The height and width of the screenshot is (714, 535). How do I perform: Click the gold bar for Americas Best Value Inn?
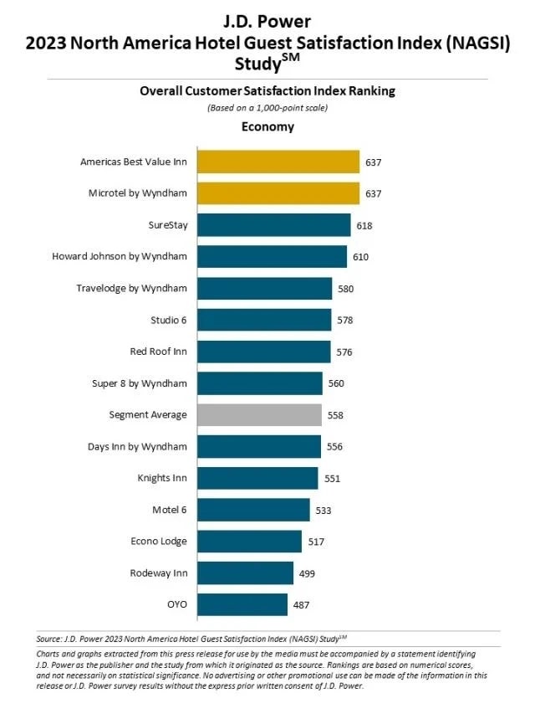278,162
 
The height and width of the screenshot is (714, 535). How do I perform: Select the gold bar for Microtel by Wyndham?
278,193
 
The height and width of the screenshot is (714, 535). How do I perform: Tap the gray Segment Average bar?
259,414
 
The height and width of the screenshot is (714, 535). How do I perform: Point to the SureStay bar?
273,225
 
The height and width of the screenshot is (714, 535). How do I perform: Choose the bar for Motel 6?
253,510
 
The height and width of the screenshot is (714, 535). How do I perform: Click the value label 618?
364,226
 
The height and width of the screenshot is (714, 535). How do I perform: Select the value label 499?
307,573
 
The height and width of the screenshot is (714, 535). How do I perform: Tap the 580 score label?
344,289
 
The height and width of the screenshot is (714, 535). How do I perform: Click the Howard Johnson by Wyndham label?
120,257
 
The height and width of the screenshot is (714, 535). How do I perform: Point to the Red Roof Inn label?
158,352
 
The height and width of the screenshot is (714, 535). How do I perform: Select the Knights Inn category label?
162,478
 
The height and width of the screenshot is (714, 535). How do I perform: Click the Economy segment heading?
267,126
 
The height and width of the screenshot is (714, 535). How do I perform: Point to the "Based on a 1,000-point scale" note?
267,108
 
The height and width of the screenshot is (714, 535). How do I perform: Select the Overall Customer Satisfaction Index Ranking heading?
267,91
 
